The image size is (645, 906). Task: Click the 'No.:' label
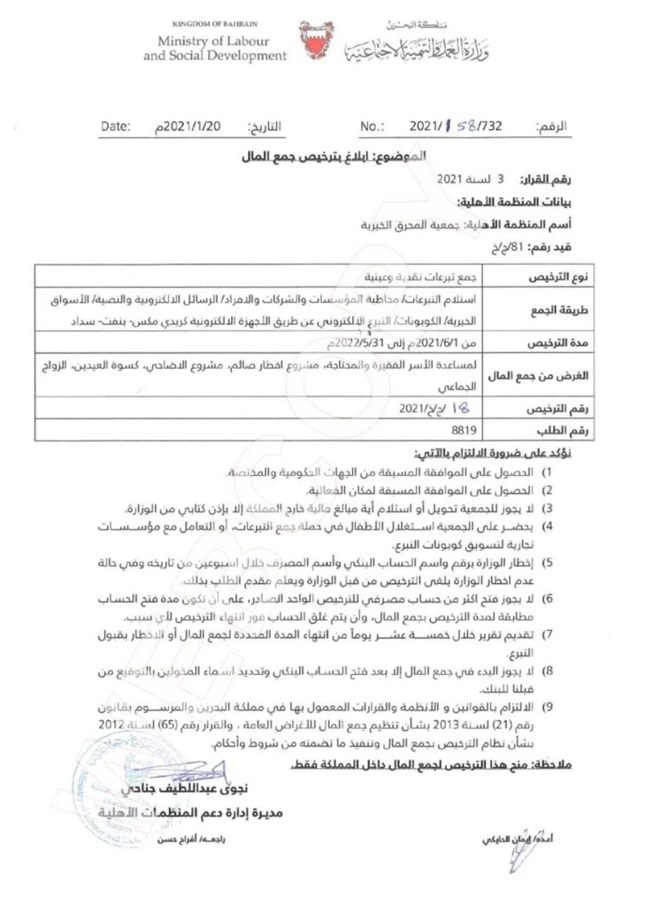pos(374,127)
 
